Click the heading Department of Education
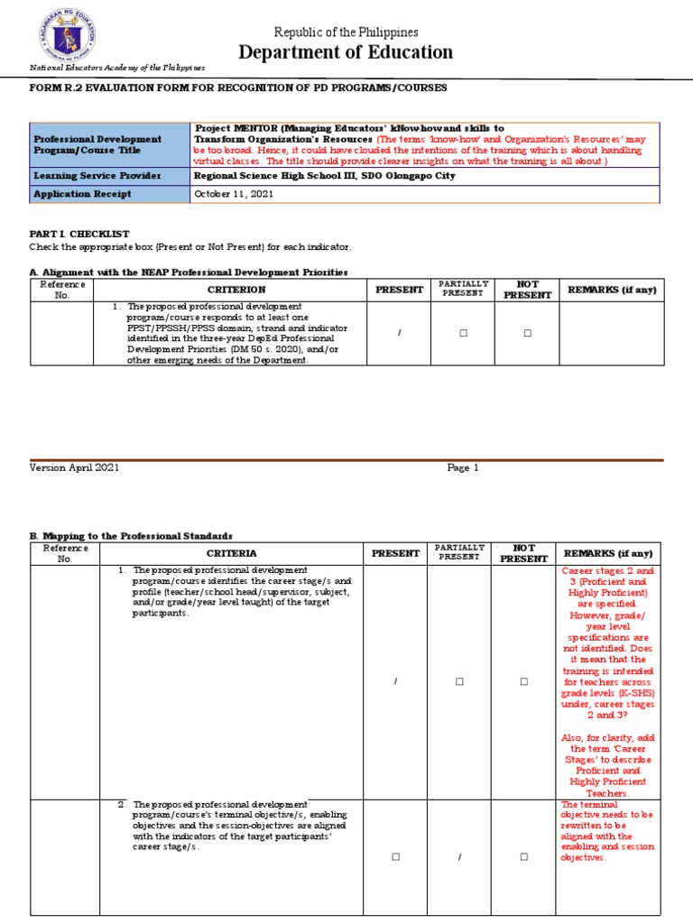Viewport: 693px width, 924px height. click(x=346, y=52)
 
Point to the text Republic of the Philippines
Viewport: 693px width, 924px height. click(x=346, y=32)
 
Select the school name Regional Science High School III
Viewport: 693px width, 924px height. click(x=277, y=176)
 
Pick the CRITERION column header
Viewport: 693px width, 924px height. click(x=236, y=290)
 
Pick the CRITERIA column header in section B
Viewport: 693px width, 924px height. click(x=231, y=553)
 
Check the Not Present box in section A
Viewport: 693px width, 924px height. click(x=527, y=333)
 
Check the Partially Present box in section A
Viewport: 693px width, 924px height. click(x=462, y=333)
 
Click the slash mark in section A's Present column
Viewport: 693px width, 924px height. click(x=398, y=333)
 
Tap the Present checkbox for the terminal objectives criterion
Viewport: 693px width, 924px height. click(x=395, y=856)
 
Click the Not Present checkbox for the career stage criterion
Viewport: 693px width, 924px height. click(x=523, y=681)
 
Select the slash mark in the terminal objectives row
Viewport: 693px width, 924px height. click(x=459, y=856)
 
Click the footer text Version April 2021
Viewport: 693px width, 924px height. click(x=74, y=467)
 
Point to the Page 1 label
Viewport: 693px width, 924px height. click(x=463, y=467)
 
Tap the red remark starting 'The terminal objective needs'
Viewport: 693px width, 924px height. click(x=607, y=831)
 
